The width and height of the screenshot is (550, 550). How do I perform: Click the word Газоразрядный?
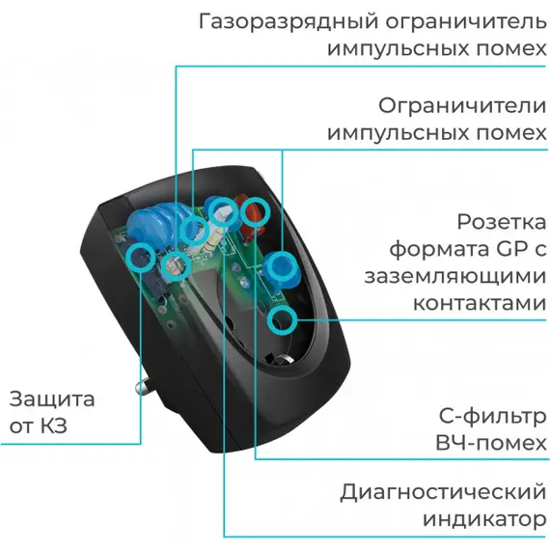click(x=289, y=22)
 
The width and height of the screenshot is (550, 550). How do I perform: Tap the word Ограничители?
click(x=462, y=105)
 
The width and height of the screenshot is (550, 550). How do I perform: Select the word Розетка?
click(x=502, y=222)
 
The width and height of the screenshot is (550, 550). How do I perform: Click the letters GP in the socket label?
click(x=512, y=249)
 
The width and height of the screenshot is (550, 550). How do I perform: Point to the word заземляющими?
click(x=455, y=277)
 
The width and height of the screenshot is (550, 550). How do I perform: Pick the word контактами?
click(x=480, y=303)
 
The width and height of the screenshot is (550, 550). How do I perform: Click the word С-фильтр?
click(x=492, y=417)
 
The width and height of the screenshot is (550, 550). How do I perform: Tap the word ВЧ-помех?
click(x=491, y=443)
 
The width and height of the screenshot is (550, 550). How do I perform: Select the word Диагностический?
click(x=443, y=492)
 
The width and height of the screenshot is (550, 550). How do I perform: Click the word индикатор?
click(x=484, y=519)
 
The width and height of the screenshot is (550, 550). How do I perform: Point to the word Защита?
click(x=52, y=399)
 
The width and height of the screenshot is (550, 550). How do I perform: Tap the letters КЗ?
click(x=54, y=426)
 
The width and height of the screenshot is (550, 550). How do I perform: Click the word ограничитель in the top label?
click(x=466, y=22)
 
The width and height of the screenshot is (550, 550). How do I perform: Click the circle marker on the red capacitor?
click(x=256, y=212)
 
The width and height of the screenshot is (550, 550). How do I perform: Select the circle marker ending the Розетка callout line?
click(x=282, y=319)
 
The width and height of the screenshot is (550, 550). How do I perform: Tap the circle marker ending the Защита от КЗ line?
click(x=140, y=257)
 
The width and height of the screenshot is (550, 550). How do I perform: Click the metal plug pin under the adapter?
click(x=145, y=385)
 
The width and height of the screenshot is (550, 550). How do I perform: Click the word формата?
click(x=440, y=250)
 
